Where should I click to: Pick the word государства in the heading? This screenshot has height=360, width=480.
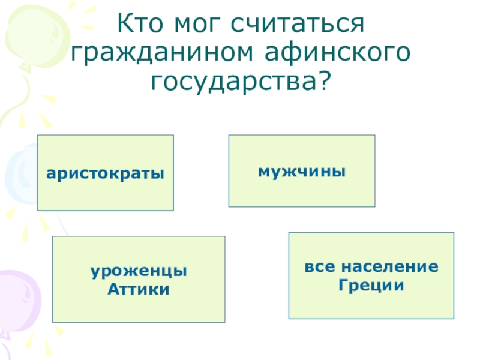233,80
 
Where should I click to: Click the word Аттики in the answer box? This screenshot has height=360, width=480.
139,290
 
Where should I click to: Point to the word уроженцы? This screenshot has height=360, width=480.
139,272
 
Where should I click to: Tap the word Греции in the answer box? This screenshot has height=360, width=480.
371,285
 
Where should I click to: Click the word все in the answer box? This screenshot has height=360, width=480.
318,265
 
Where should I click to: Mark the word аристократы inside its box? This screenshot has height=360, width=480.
106,173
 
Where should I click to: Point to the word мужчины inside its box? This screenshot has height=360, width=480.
302,171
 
